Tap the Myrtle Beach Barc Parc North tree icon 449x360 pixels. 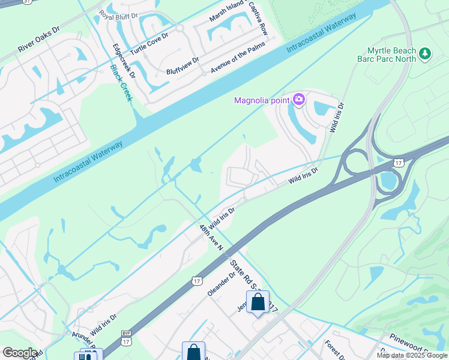point(425,54)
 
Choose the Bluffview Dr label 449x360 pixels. point(183,66)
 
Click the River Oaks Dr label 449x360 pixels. point(39,39)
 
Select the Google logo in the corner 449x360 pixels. point(20,353)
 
